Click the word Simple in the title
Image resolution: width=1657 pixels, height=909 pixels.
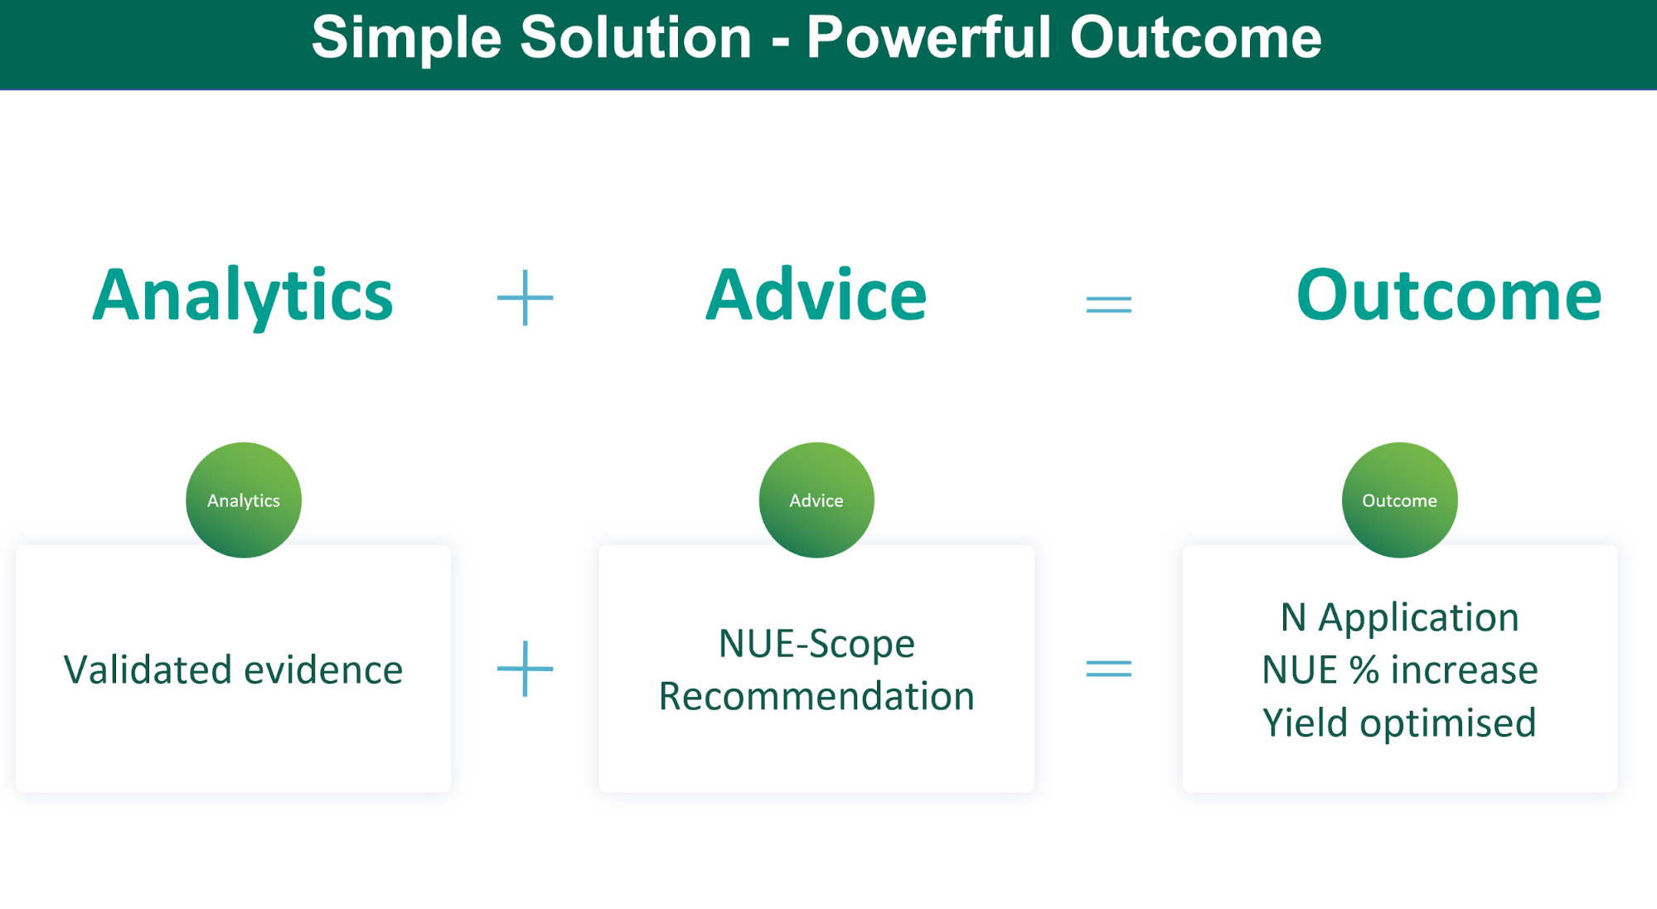tap(407, 39)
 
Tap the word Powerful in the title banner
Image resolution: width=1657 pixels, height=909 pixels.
tap(928, 37)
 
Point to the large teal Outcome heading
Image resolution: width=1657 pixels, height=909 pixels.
tap(1449, 295)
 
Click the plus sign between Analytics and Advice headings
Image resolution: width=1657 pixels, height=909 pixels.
tap(525, 297)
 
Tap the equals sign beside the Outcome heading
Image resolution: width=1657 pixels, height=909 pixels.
tap(1109, 305)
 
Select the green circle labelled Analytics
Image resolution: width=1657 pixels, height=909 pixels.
tap(244, 500)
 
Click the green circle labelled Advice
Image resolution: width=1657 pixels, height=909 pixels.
tap(816, 500)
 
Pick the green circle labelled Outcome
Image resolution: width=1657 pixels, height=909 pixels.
tap(1400, 500)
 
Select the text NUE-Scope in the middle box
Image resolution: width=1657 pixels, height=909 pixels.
tap(816, 644)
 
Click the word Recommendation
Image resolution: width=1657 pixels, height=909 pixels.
tap(816, 696)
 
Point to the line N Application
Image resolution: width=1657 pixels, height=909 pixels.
tap(1400, 618)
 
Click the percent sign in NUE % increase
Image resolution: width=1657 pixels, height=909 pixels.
tap(1364, 670)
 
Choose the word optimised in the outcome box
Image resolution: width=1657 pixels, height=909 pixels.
tap(1448, 723)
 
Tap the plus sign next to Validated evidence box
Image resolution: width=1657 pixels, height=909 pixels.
tap(525, 668)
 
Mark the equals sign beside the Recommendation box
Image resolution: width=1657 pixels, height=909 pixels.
tap(1109, 668)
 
